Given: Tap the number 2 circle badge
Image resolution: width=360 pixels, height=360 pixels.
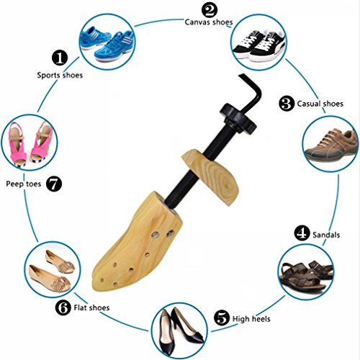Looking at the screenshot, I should click(x=210, y=10).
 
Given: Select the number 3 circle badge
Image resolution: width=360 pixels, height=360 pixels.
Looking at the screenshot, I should click(x=286, y=103).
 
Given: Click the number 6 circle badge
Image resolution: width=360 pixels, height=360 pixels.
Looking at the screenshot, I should click(x=64, y=308).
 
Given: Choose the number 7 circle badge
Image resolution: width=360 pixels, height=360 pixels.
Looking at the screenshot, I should click(x=53, y=183).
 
